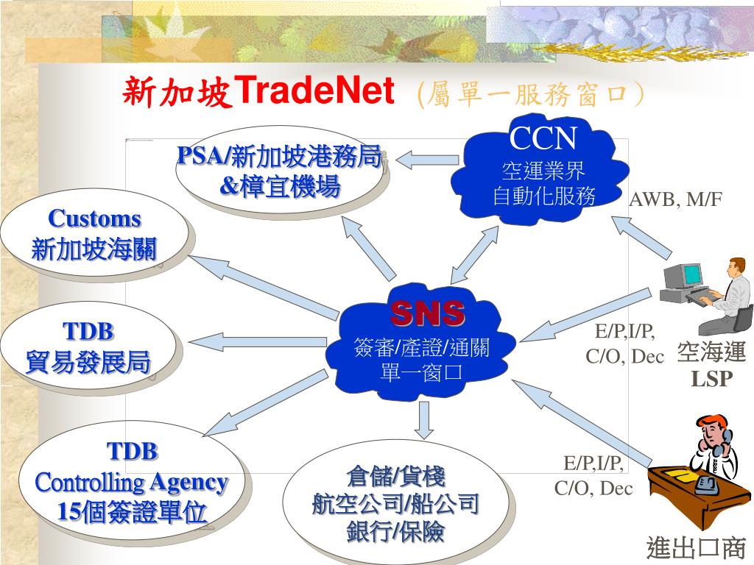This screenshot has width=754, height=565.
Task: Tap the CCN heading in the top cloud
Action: (544, 138)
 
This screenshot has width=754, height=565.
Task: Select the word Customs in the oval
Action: (94, 218)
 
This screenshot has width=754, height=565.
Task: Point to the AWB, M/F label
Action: (675, 199)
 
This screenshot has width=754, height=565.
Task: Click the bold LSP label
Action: (711, 378)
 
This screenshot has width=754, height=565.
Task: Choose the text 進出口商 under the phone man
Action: (696, 548)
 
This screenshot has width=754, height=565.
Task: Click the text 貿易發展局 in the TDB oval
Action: (88, 362)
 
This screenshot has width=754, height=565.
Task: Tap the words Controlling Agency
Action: (132, 483)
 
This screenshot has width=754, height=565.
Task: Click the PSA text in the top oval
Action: (201, 156)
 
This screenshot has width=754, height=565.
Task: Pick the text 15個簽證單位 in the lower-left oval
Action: (132, 512)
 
